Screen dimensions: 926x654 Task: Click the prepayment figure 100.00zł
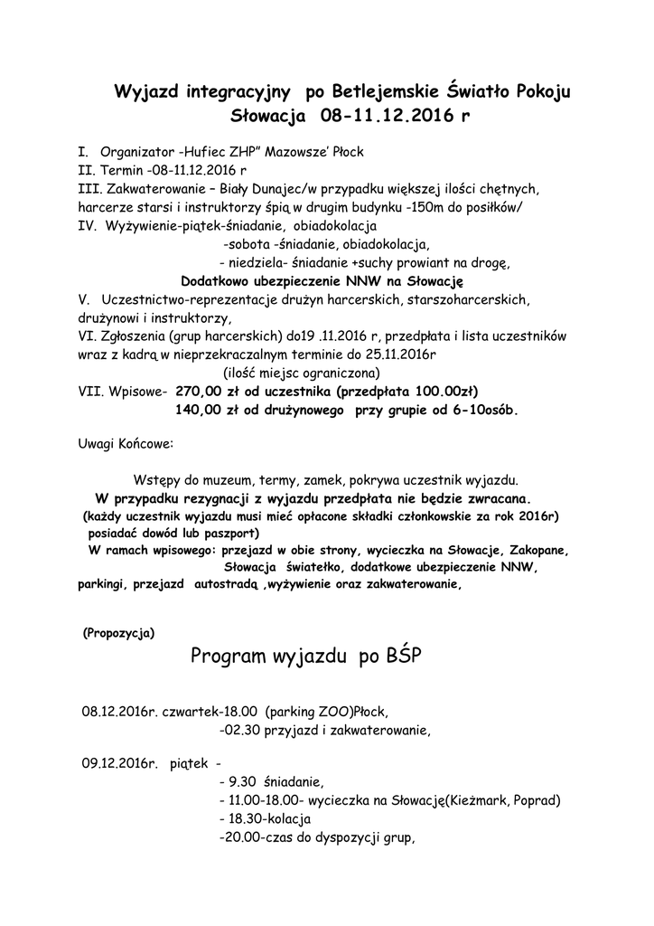pos(443,392)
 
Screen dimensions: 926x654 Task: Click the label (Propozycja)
pos(117,633)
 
